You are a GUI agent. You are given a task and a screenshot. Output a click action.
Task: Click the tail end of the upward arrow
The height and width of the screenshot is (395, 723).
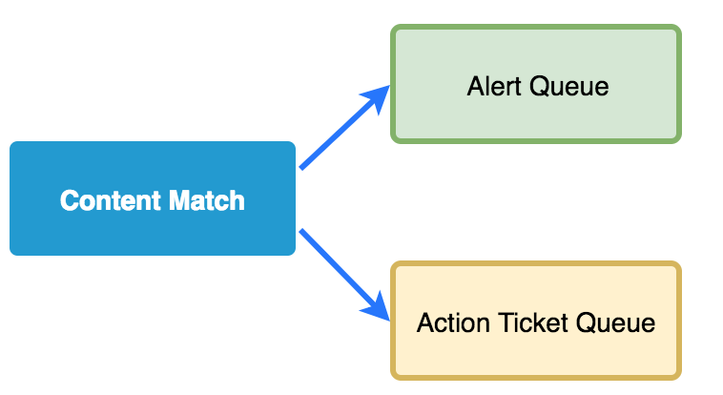click(303, 167)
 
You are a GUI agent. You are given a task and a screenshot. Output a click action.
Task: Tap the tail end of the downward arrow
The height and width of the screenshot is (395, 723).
click(303, 233)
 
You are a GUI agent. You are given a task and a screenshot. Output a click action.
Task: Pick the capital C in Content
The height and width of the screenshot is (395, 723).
click(68, 201)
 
